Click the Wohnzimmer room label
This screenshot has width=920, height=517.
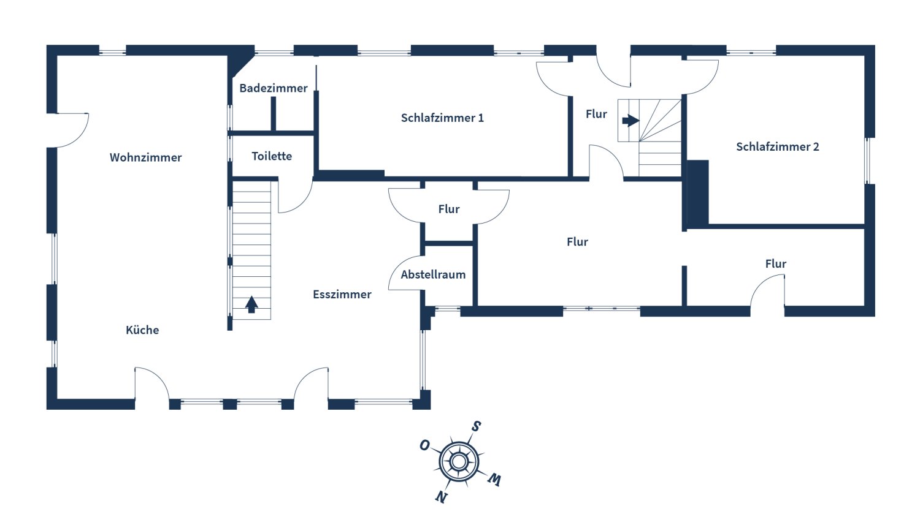coord(145,157)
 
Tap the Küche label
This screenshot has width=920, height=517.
coord(142,330)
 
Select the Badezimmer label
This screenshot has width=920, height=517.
coord(273,88)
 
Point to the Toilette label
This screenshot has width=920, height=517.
coord(272,156)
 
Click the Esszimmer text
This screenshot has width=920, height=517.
coord(342,295)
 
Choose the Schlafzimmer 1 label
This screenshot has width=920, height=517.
coord(442,118)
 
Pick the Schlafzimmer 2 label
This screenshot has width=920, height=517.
coord(777,147)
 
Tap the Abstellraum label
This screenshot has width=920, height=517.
coord(433,275)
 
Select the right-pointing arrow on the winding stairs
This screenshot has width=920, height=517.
coord(631,121)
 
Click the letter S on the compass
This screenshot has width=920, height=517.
coord(476,426)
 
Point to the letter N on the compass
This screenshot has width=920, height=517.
coord(441,497)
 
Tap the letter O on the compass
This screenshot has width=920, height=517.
coord(424,445)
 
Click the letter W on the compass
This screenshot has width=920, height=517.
coord(494,480)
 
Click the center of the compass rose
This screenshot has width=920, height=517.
coord(459,461)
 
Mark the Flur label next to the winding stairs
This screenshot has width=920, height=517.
coord(596,115)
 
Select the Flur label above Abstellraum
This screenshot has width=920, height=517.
coord(449,209)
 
